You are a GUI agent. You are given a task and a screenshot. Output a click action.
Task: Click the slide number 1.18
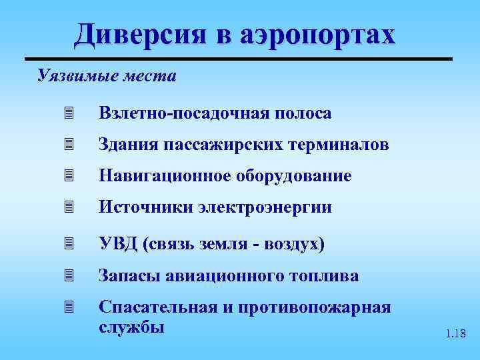click(456, 333)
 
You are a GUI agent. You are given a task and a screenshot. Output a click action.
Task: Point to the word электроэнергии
click(265, 208)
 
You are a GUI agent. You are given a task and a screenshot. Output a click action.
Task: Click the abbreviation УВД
click(117, 244)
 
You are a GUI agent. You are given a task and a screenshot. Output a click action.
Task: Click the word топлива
click(326, 275)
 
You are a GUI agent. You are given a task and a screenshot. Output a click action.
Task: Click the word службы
click(131, 327)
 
